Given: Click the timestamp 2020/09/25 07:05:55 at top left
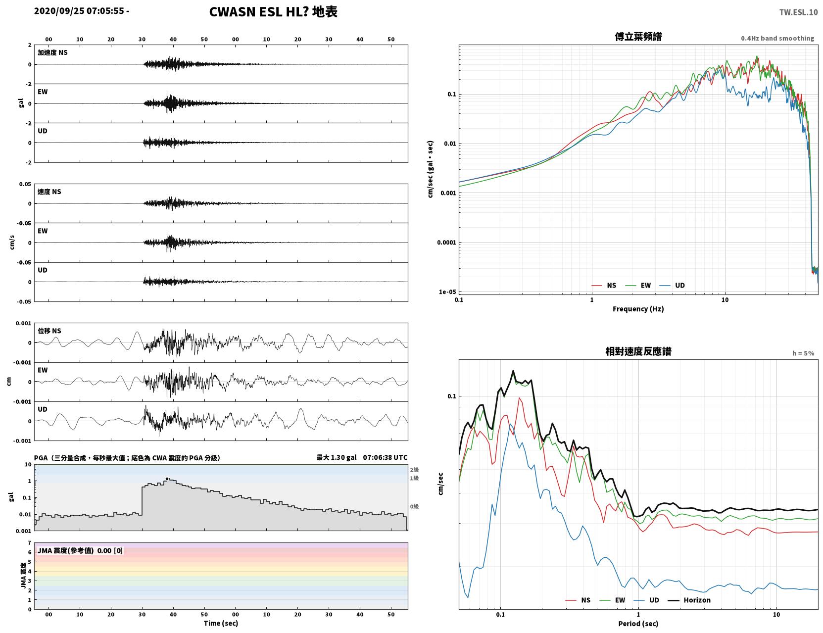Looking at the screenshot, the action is pyautogui.click(x=79, y=11).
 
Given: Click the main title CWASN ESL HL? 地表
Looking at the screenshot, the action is pyautogui.click(x=273, y=12).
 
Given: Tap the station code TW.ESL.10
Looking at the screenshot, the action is pyautogui.click(x=798, y=12).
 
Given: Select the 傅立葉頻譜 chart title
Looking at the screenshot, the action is pyautogui.click(x=638, y=37).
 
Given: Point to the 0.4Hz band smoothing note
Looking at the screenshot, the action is pyautogui.click(x=777, y=38).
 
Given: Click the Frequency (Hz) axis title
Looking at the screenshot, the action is pyautogui.click(x=638, y=309).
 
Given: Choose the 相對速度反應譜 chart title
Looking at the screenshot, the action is pyautogui.click(x=638, y=351).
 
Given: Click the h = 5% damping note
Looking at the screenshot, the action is pyautogui.click(x=803, y=353).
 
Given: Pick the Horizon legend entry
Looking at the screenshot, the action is pyautogui.click(x=689, y=600).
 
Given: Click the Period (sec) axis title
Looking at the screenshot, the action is pyautogui.click(x=638, y=624).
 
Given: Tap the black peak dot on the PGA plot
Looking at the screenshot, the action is pyautogui.click(x=167, y=479).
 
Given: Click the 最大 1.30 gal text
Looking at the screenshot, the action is pyautogui.click(x=337, y=457).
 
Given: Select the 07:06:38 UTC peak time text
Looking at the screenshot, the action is pyautogui.click(x=385, y=457).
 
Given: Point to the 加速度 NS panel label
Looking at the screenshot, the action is pyautogui.click(x=52, y=52).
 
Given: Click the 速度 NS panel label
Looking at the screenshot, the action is pyautogui.click(x=49, y=192).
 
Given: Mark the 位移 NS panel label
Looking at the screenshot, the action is pyautogui.click(x=49, y=331).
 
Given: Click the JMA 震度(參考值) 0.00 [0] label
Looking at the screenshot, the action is pyautogui.click(x=80, y=550).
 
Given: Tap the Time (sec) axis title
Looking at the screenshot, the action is pyautogui.click(x=221, y=623).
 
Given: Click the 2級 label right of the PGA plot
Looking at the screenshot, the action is pyautogui.click(x=414, y=470).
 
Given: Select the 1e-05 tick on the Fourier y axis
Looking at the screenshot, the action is pyautogui.click(x=447, y=292).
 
